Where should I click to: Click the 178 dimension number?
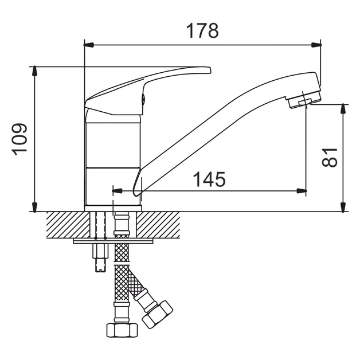click(202, 30)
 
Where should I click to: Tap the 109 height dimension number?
click(19, 139)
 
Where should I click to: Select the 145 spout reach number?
click(209, 179)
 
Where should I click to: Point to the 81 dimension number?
click(330, 158)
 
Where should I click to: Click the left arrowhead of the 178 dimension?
click(89, 45)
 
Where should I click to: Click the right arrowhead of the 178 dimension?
click(316, 45)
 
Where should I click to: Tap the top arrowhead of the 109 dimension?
click(34, 71)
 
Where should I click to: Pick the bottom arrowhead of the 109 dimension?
click(34, 207)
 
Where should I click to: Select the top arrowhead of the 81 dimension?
click(343, 109)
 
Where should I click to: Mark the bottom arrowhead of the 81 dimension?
click(343, 207)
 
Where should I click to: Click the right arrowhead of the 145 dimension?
click(302, 191)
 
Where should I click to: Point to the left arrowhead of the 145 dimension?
click(117, 191)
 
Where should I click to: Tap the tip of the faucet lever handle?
click(209, 71)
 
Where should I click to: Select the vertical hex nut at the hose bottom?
click(122, 330)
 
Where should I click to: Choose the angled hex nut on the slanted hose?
click(157, 314)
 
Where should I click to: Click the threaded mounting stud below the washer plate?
click(100, 258)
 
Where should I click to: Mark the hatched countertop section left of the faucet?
click(68, 225)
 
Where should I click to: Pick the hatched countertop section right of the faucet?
click(158, 225)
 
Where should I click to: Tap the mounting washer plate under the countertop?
click(113, 241)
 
